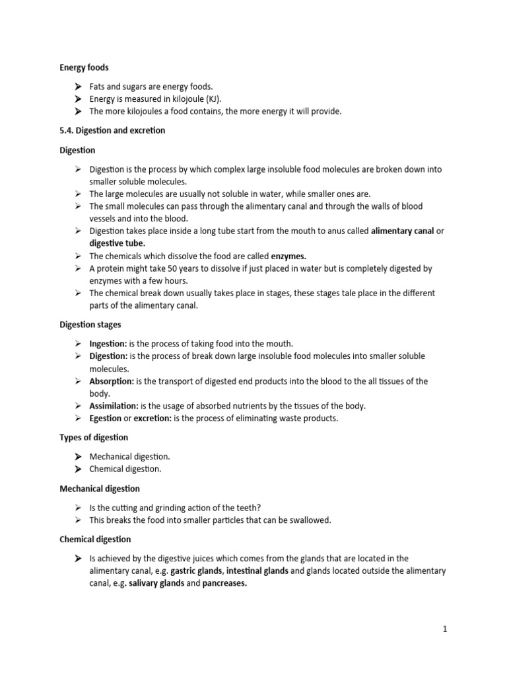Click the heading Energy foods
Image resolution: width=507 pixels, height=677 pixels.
[x=84, y=67]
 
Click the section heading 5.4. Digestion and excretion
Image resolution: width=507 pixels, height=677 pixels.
[x=112, y=130]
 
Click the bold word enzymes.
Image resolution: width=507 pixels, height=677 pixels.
[x=288, y=256]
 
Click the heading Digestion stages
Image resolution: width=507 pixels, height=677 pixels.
[x=90, y=325]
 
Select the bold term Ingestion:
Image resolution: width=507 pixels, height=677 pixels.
[x=108, y=344]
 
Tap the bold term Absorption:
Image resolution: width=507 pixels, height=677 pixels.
[x=112, y=381]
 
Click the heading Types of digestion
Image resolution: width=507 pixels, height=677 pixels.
[x=94, y=438]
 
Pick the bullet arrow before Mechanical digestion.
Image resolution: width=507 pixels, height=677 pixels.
[x=77, y=457]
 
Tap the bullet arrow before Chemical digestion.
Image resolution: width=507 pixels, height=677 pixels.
[x=77, y=469]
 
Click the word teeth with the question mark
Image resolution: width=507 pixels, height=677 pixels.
[x=246, y=507]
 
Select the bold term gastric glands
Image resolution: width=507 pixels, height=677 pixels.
[x=196, y=571]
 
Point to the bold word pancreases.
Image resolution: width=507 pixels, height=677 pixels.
[x=224, y=584]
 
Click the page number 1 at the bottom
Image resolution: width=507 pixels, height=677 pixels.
[x=446, y=629]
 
